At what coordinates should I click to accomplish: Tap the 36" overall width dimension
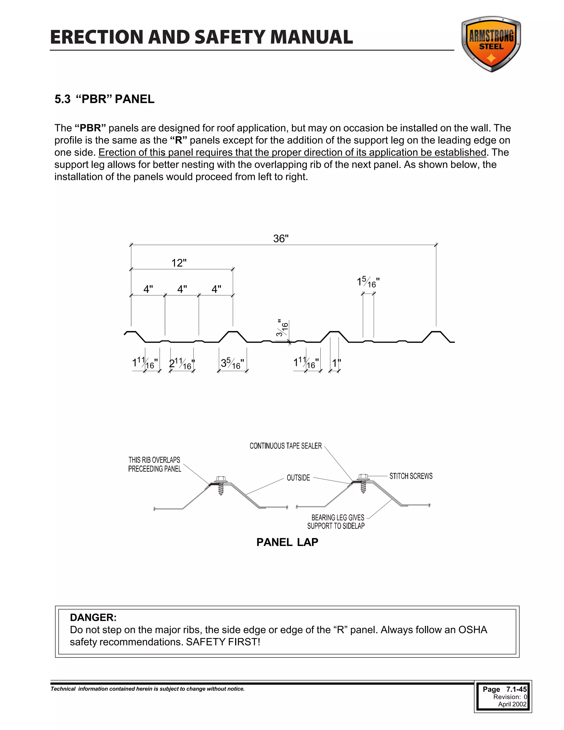pos(281,239)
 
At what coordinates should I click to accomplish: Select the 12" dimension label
pos(179,263)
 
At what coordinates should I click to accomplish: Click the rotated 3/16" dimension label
pos(282,328)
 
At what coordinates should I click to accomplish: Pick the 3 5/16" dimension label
pos(232,364)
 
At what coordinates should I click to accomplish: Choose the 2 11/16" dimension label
pos(182,364)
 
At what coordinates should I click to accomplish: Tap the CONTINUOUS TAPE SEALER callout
pos(286,446)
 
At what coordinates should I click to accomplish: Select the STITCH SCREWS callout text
pos(411,476)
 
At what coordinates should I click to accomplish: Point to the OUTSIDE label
pos(298,478)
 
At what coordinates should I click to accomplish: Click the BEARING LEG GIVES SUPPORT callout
pos(336,522)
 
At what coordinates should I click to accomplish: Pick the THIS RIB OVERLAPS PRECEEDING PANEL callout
pos(154,464)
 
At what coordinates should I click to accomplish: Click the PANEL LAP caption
pos(287,542)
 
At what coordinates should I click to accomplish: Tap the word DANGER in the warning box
pos(93,617)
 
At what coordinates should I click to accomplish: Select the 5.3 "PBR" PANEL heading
pos(104,99)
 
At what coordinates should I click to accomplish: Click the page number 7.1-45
pos(516,689)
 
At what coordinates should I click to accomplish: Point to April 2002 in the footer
pos(512,704)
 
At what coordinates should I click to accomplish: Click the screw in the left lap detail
pos(220,486)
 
